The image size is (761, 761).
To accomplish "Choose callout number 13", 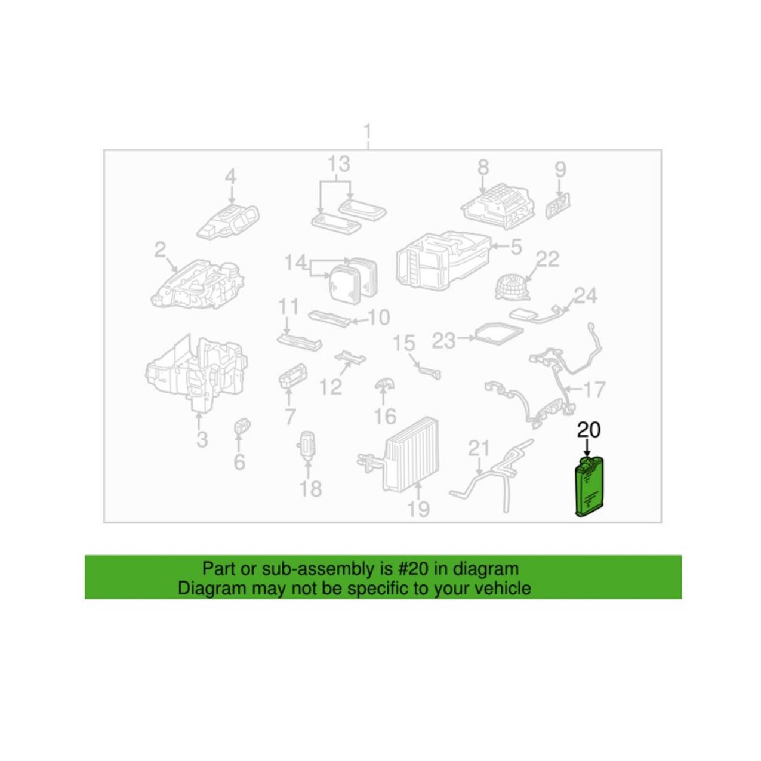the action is (339, 164).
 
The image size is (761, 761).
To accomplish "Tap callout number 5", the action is (515, 247).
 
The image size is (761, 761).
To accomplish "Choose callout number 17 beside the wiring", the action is (593, 389).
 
